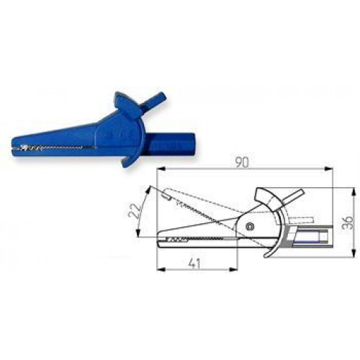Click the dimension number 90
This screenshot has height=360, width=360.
pos(242,163)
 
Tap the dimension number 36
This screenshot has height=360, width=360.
pos(347,222)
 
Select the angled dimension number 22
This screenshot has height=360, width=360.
pos(135,210)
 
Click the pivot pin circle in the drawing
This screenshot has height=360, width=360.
pos(251,226)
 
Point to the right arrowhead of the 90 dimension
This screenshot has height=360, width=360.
pos(328,169)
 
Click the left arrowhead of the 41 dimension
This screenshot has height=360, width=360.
pos(161,270)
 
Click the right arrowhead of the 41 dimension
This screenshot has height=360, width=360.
pos(233,270)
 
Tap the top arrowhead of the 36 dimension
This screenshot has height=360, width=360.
pos(353,192)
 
